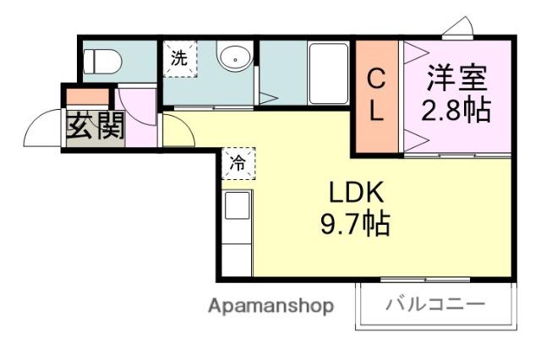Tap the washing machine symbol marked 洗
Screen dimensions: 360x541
[x=178, y=59]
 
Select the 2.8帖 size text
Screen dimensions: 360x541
[x=457, y=110]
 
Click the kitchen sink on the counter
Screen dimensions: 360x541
[x=237, y=205]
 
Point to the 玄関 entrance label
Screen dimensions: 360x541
[x=96, y=127]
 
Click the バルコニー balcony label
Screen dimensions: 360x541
[x=436, y=304]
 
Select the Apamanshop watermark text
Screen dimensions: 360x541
[x=270, y=305]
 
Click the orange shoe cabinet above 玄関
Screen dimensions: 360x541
[x=88, y=96]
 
